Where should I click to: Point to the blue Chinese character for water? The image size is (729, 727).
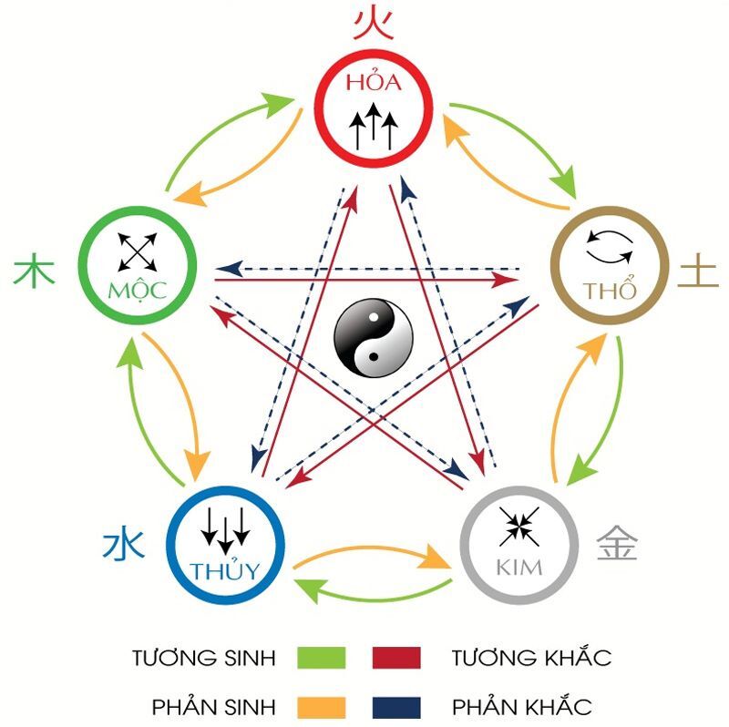122,547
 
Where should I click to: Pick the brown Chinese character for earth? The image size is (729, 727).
698,271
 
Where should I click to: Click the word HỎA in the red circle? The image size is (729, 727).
374,83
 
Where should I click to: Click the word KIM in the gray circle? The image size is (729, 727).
519,568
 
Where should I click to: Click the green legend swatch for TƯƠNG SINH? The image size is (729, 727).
321,657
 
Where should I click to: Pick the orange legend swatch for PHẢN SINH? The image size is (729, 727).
321,706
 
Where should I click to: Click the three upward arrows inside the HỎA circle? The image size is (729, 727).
375,126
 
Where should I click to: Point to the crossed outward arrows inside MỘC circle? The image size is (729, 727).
138,251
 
